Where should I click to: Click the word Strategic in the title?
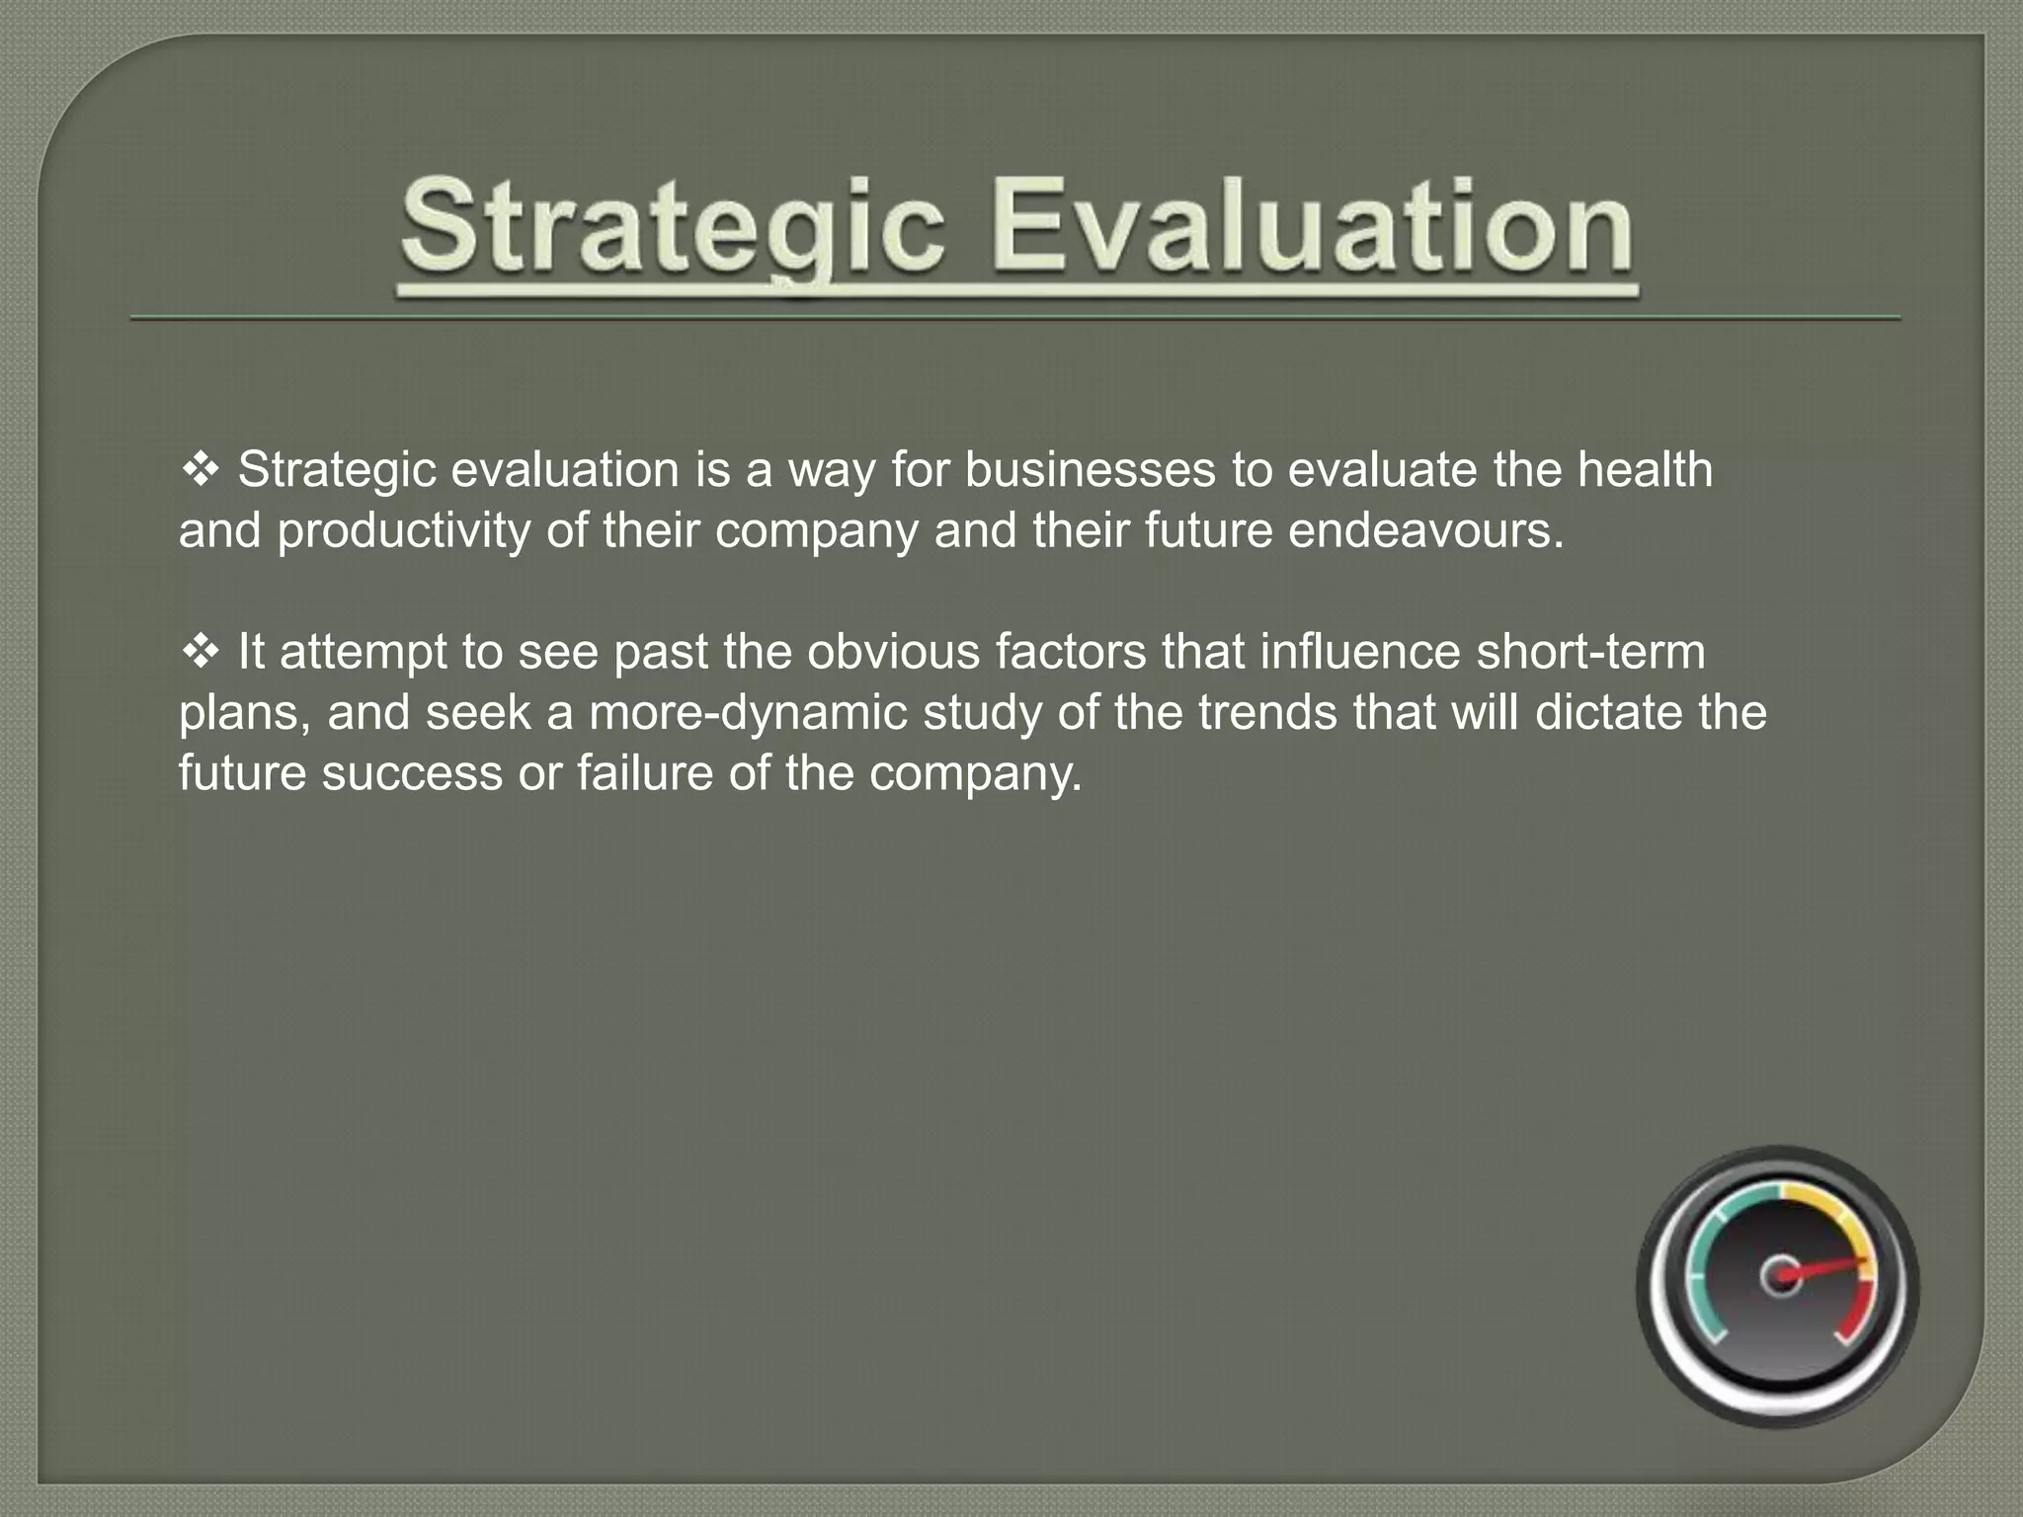(x=672, y=227)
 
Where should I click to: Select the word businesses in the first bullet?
(x=1090, y=470)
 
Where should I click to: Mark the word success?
(x=412, y=773)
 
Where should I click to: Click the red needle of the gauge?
(x=1827, y=1267)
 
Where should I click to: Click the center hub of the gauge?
(x=1781, y=1276)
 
